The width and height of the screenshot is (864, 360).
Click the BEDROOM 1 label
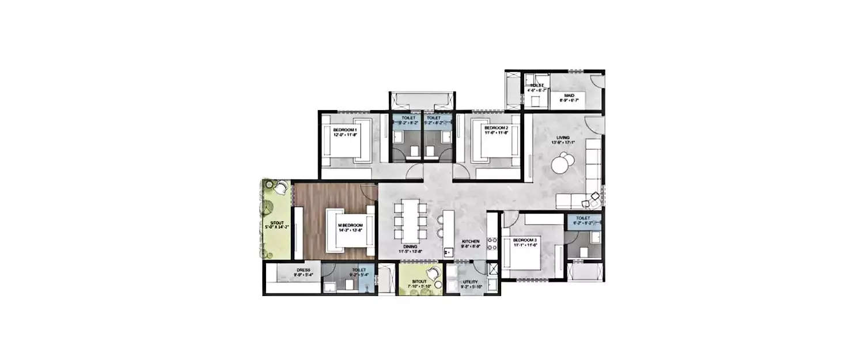345,130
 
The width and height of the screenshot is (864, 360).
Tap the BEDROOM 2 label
496,127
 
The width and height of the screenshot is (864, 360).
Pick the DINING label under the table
411,246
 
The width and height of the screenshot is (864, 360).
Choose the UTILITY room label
471,282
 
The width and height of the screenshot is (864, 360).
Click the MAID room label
569,96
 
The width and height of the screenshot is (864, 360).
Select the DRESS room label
304,270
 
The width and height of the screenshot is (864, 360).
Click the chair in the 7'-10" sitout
431,274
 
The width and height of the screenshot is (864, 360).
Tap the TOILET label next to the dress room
359,270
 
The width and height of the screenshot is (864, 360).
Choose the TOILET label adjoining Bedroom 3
582,218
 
